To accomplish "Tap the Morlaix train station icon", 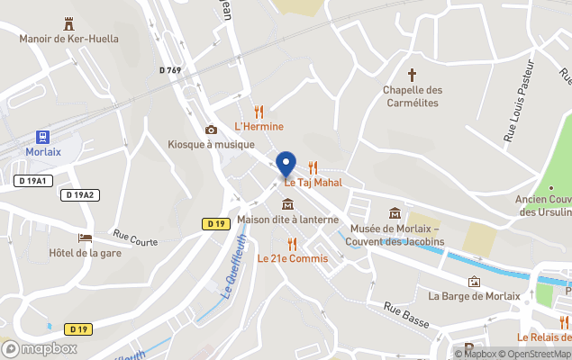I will (42, 137).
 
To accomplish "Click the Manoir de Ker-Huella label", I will (69, 39).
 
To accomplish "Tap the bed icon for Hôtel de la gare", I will (86, 238).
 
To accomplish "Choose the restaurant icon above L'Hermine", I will (259, 112).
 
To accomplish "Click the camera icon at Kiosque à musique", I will (211, 130).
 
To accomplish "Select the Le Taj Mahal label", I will (314, 183).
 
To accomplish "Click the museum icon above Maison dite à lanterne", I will (287, 203).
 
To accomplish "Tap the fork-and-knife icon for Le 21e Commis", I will (292, 243).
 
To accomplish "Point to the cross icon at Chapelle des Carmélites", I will (413, 75).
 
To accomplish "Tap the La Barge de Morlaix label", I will (474, 296).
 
